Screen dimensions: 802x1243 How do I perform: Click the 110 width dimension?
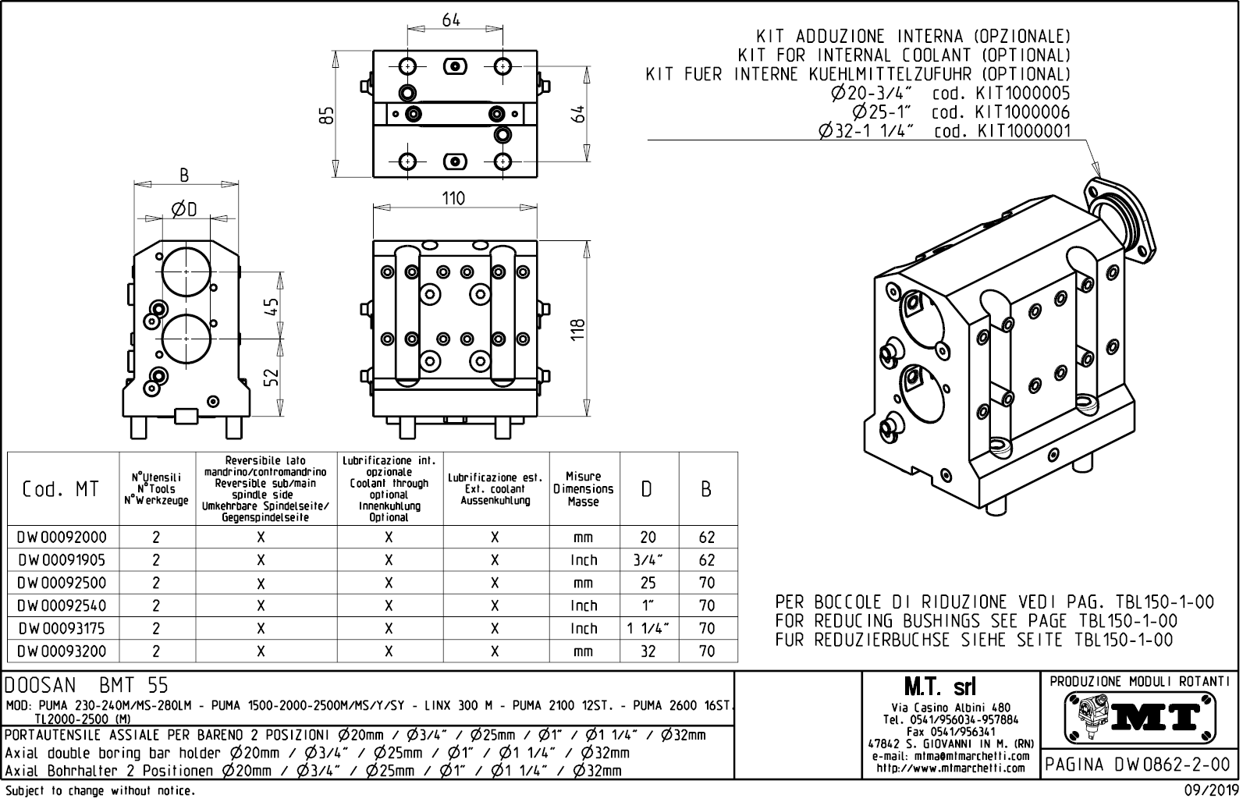coord(453,198)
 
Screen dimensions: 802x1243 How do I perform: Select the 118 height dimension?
coord(578,328)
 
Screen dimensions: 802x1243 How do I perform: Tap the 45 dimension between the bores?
coord(271,305)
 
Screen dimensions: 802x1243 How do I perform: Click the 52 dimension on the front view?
coord(271,377)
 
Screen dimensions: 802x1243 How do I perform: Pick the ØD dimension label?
coord(184,209)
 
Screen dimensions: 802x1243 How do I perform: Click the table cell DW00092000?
coord(62,538)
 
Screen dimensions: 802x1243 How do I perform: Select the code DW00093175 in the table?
coord(62,629)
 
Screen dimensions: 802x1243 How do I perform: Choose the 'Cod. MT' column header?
coord(61,489)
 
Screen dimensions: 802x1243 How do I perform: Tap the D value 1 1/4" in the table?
coord(648,629)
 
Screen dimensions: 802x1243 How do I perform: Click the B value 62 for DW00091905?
coord(707,560)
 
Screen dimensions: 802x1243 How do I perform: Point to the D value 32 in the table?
coord(648,651)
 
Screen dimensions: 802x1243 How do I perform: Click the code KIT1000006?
coord(1024,112)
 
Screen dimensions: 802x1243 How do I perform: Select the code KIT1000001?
coord(1024,132)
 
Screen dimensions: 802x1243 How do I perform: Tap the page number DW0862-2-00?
coord(1138,765)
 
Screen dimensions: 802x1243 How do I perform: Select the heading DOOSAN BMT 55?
coord(86,686)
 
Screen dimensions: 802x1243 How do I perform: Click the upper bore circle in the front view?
coord(186,271)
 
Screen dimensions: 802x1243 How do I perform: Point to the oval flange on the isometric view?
coord(1120,215)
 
